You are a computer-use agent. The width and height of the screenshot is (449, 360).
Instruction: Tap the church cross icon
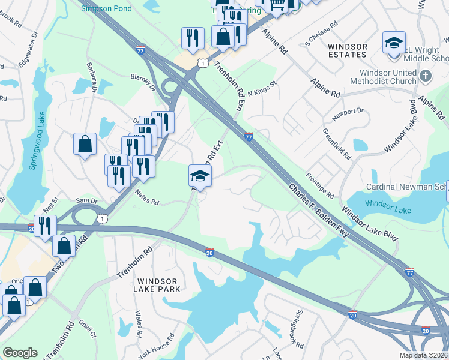pos(426,76)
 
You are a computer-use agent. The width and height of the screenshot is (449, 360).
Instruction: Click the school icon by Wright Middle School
pos(394,43)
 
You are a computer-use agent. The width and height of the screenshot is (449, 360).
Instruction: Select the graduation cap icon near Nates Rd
pos(200,176)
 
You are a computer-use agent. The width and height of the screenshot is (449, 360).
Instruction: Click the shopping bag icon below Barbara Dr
pos(85,144)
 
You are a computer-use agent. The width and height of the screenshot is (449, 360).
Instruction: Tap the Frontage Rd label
pos(319,187)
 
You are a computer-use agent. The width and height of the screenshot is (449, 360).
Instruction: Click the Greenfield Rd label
pos(336,143)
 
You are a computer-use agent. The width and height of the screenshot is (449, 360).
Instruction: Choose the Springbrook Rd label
pos(300,323)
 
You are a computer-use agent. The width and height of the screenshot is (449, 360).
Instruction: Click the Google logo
pos(20,353)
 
